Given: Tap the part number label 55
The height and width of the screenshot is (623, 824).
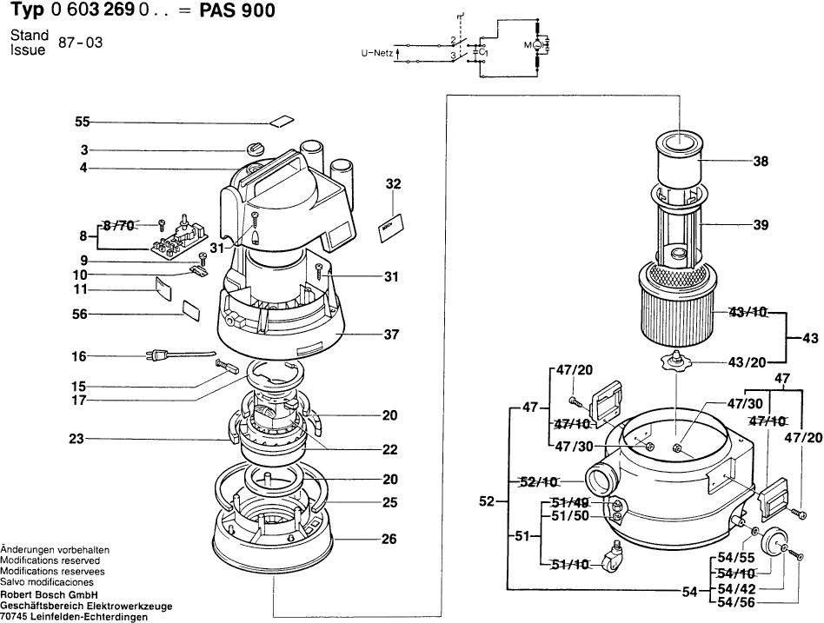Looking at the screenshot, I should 83,123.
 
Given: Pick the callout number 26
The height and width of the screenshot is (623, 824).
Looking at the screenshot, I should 389,540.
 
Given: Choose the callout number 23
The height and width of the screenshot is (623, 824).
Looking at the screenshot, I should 76,439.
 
